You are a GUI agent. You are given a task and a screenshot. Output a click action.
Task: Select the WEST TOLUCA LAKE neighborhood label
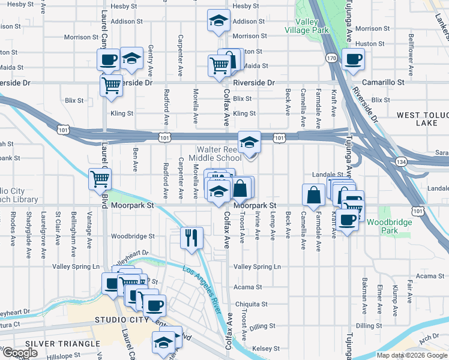423,118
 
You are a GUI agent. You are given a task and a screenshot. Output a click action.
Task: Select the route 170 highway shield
331,58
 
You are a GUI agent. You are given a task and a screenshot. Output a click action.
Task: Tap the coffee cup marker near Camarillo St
352,59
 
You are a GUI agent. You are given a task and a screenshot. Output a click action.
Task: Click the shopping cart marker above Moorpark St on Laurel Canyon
100,178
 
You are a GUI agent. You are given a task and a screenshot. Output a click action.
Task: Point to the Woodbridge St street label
133,236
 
